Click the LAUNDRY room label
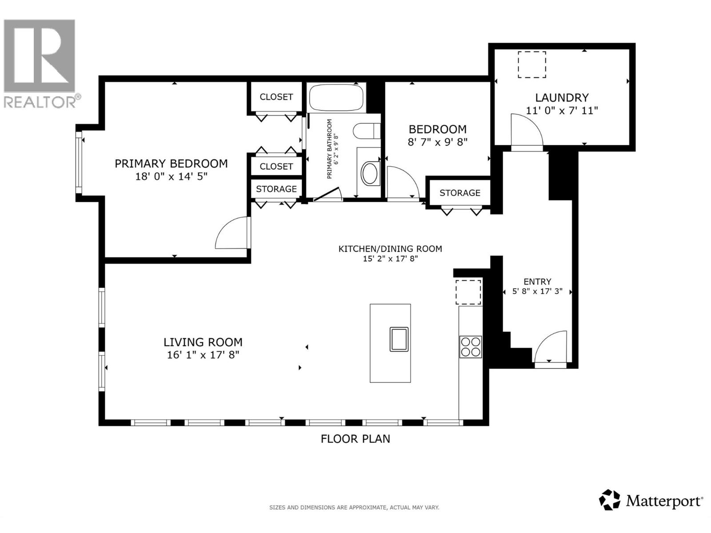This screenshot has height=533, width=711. pyautogui.click(x=561, y=97)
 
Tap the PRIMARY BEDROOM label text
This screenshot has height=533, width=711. pyautogui.click(x=171, y=163)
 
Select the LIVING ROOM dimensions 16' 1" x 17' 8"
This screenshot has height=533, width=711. pyautogui.click(x=203, y=355)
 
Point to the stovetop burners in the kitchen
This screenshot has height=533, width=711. pyautogui.click(x=471, y=346)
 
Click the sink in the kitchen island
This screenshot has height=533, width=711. pyautogui.click(x=399, y=339)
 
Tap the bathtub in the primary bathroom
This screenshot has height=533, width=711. pyautogui.click(x=336, y=98)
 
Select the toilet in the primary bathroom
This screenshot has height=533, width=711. pyautogui.click(x=367, y=131)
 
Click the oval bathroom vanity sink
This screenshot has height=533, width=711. pyautogui.click(x=369, y=174)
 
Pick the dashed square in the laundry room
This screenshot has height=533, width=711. pyautogui.click(x=532, y=64)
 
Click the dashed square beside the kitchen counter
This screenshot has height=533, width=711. pyautogui.click(x=468, y=292)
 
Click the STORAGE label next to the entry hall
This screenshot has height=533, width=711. pyautogui.click(x=459, y=193)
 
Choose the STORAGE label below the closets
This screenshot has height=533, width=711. pyautogui.click(x=276, y=189)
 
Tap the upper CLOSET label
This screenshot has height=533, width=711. pyautogui.click(x=276, y=97)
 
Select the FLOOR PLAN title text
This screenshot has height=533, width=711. pyautogui.click(x=355, y=439)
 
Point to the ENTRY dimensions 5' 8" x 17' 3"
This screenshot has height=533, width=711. pyautogui.click(x=537, y=291)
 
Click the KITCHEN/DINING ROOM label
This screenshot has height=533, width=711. pyautogui.click(x=390, y=249)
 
